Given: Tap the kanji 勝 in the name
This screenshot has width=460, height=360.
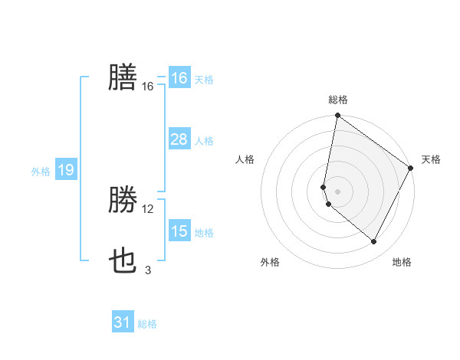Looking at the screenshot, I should point(123,201).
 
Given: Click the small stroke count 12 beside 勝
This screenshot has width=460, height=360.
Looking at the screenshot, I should point(148,209).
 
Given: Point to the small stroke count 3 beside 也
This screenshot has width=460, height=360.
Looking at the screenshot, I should point(148,270).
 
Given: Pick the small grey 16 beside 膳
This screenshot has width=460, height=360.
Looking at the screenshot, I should point(148,87).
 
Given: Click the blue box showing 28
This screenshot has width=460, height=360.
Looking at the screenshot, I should point(179,139).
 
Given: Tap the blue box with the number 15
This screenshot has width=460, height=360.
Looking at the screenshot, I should point(179,231).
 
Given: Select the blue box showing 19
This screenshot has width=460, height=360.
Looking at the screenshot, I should point(65,170).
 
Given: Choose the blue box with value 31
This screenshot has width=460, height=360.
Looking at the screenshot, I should point(123,322).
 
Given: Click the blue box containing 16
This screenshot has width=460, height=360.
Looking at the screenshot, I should point(179,78).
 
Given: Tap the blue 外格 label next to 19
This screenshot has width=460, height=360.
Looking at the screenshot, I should point(41,172).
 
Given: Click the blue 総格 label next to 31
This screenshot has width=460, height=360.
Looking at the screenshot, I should point(147,324).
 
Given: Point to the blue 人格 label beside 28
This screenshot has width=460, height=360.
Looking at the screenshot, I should point(204,141).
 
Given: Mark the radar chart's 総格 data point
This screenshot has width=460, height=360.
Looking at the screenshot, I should point(337,116).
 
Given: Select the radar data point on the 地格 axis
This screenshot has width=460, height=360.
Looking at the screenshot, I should point(374,242).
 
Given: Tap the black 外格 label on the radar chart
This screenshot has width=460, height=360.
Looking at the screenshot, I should point(270,262).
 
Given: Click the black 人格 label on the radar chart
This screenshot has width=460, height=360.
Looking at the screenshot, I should point(245,159).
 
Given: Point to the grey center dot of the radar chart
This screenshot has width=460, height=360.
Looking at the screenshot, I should point(337,191).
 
